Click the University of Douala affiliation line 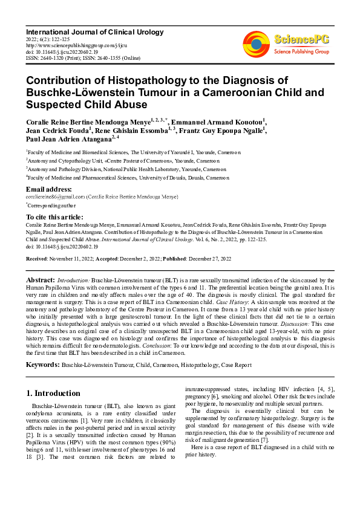tap(128, 178)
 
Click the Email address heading tap(48, 189)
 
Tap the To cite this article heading tap(54, 216)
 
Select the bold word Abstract tap(41, 280)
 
